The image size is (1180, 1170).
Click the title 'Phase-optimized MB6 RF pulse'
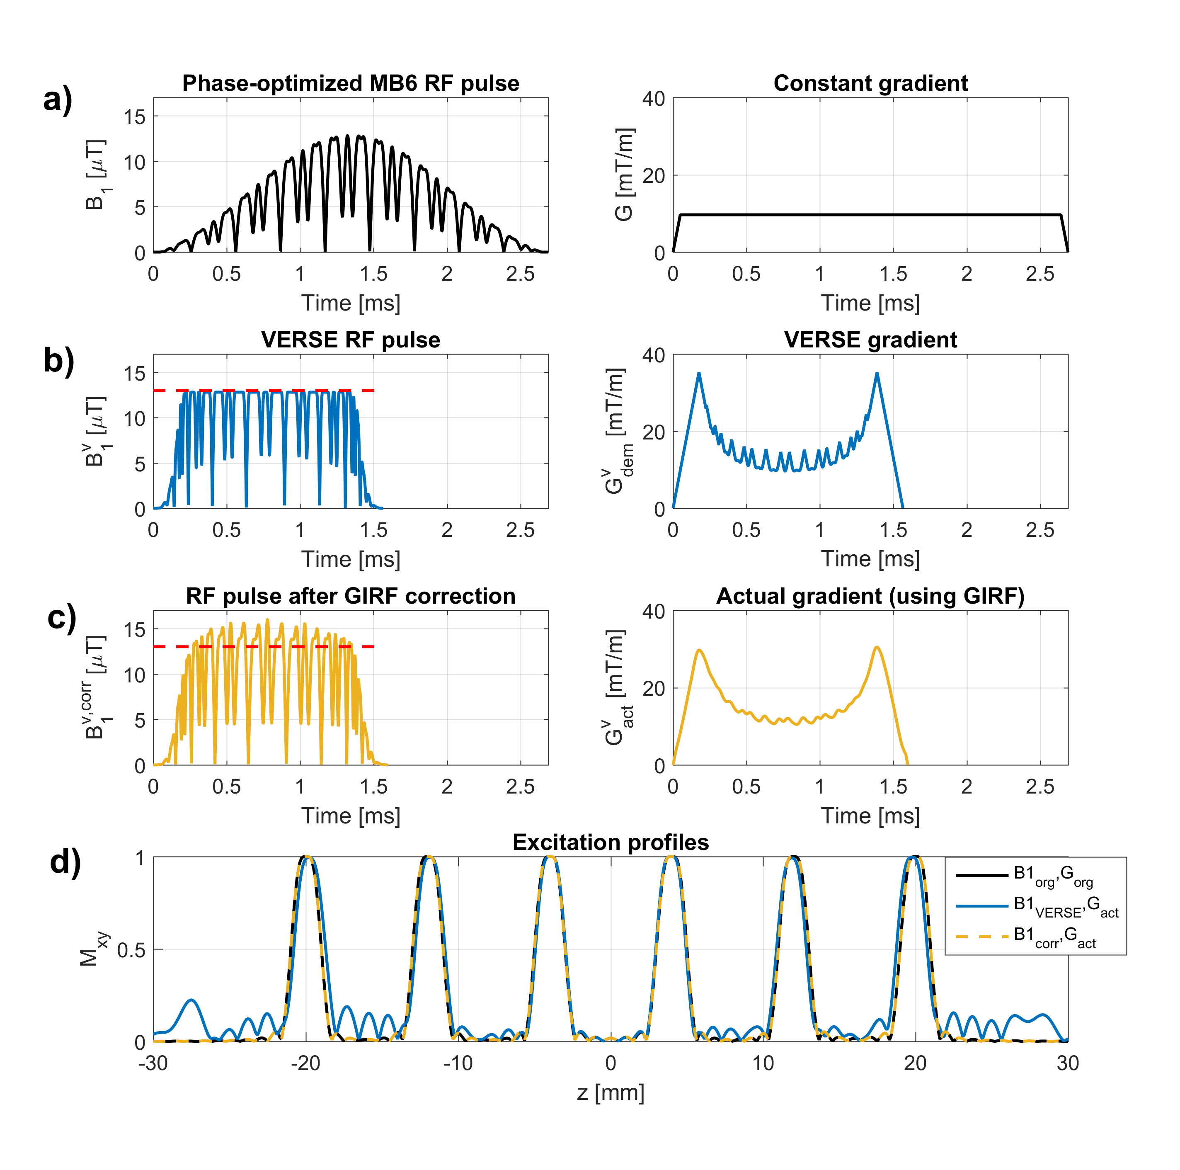(351, 83)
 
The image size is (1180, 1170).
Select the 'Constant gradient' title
(870, 83)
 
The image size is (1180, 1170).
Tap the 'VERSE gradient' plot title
(870, 340)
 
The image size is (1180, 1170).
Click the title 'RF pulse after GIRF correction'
(351, 596)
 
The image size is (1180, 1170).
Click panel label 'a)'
(58, 99)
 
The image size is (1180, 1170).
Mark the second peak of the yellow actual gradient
(877, 647)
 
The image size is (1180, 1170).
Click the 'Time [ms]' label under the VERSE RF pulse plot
(351, 559)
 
